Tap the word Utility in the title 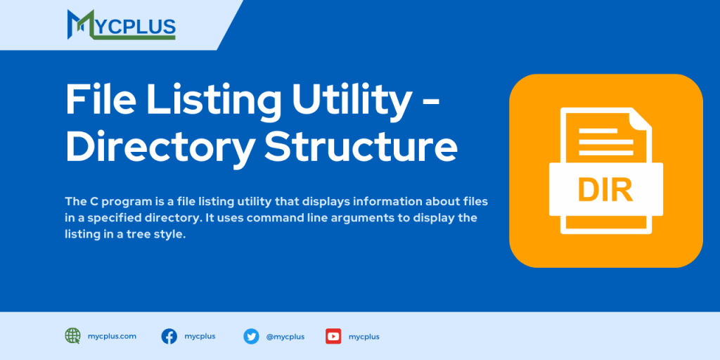pyautogui.click(x=351, y=100)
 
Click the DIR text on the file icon pyautogui.click(x=605, y=189)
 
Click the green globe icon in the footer pyautogui.click(x=72, y=336)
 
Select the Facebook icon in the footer pyautogui.click(x=169, y=336)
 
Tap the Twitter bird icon pyautogui.click(x=251, y=336)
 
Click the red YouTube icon pyautogui.click(x=333, y=336)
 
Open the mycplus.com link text pyautogui.click(x=112, y=336)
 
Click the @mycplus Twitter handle pyautogui.click(x=285, y=337)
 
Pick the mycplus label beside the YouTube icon pyautogui.click(x=364, y=337)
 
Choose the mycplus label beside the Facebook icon pyautogui.click(x=200, y=336)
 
